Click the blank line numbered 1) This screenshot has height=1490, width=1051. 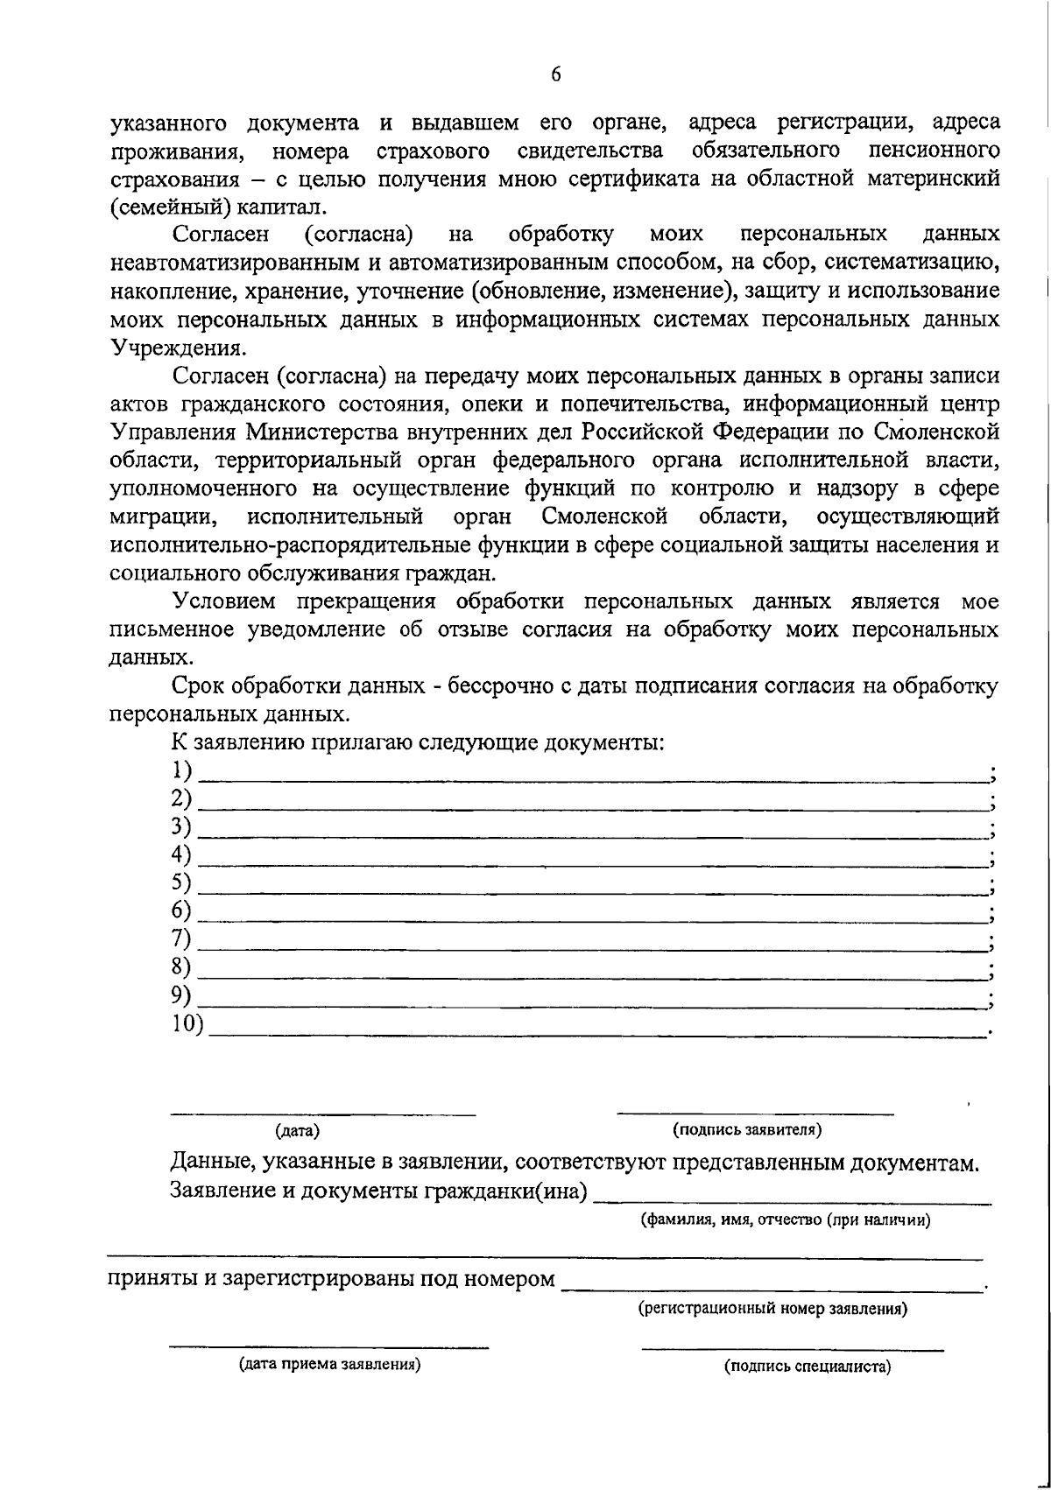tap(592, 777)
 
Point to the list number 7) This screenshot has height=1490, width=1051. tap(182, 939)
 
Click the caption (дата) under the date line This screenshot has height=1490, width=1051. tap(298, 1131)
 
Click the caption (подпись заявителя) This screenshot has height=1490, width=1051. tap(746, 1129)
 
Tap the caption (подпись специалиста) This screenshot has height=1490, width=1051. tap(807, 1367)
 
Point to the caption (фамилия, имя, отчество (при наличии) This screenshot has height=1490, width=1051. tap(785, 1219)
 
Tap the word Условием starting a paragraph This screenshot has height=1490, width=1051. tap(227, 602)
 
